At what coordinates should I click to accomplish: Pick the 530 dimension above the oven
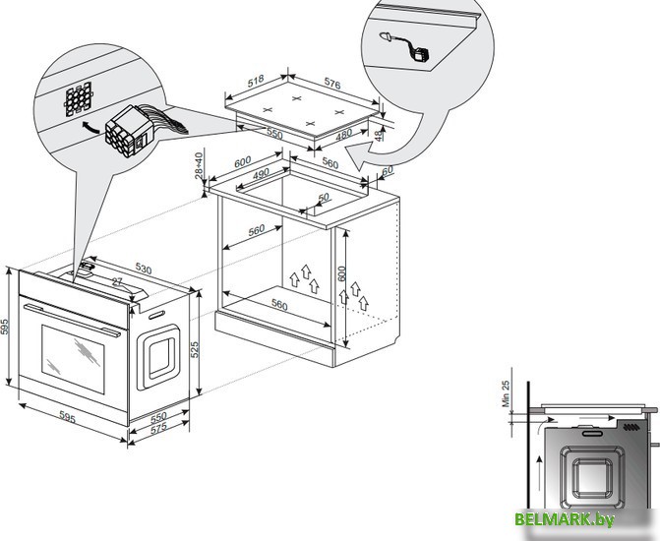(144, 268)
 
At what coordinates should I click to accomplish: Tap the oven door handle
(74, 313)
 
